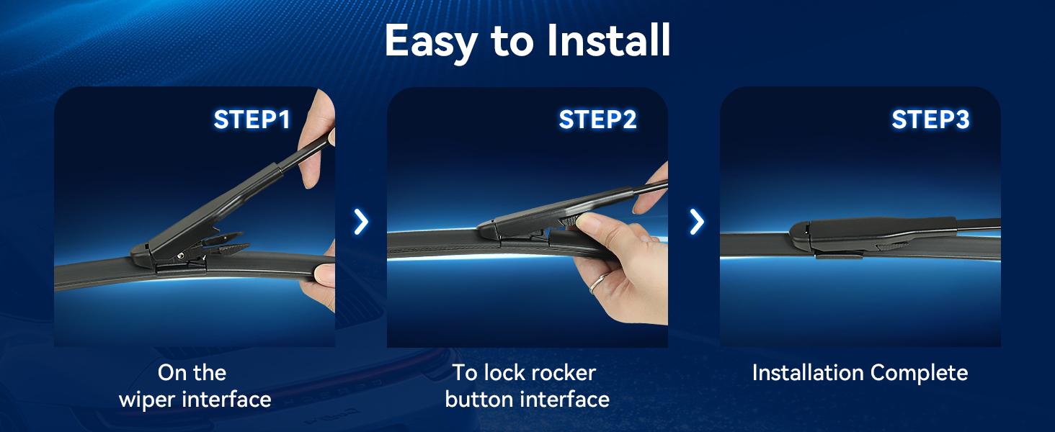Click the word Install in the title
(608, 40)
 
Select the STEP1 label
(252, 120)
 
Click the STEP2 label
(597, 120)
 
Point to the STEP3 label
(930, 120)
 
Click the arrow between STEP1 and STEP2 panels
(361, 222)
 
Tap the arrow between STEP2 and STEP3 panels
(697, 222)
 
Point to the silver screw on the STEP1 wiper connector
(180, 256)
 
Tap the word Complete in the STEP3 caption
(919, 373)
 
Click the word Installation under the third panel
(809, 373)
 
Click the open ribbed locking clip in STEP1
(226, 241)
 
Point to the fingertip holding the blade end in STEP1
(324, 274)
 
